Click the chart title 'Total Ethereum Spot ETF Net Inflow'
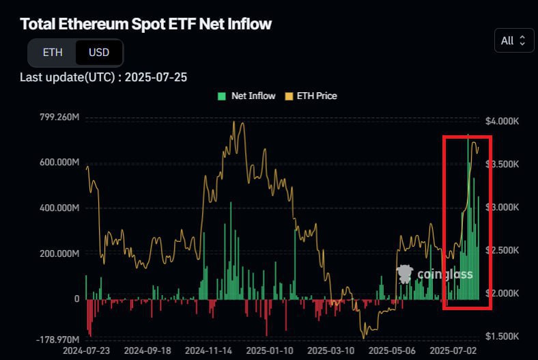[145, 24]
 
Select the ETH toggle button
[53, 53]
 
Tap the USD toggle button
[99, 53]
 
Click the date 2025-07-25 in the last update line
[155, 77]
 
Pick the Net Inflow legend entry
[246, 96]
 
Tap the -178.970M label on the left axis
[59, 339]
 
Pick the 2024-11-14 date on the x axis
[209, 350]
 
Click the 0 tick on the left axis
[76, 299]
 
